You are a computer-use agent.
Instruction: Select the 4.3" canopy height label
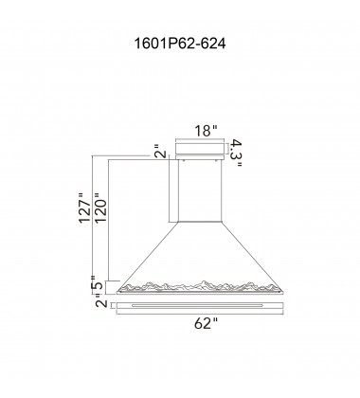point(240,151)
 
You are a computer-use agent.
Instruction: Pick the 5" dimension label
point(99,284)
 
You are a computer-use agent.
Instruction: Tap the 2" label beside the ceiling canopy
point(159,152)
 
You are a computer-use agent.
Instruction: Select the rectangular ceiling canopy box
point(199,151)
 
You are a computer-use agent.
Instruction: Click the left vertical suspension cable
point(173,190)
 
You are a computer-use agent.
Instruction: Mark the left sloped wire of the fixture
point(146,250)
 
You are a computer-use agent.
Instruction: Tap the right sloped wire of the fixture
point(252,250)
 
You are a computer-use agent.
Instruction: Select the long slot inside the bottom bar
point(199,306)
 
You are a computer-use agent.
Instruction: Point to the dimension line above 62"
point(199,315)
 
